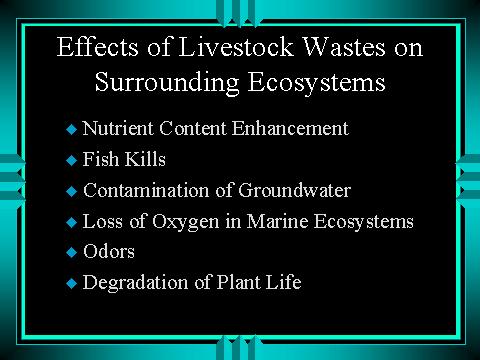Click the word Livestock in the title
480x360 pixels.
236,47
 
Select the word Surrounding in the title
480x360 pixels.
167,83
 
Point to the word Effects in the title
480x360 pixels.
97,46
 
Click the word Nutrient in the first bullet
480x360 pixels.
118,128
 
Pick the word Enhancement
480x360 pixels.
290,128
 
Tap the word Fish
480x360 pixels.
101,159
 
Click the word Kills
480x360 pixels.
145,159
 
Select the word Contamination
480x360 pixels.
146,190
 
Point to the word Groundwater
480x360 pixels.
294,190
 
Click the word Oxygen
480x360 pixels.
186,221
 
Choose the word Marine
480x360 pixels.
277,221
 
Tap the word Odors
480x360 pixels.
109,251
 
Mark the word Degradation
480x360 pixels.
135,283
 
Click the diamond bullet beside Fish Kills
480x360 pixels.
72,160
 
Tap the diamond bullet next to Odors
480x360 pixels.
72,252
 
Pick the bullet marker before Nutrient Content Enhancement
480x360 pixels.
72,129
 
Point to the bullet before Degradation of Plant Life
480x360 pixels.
72,283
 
